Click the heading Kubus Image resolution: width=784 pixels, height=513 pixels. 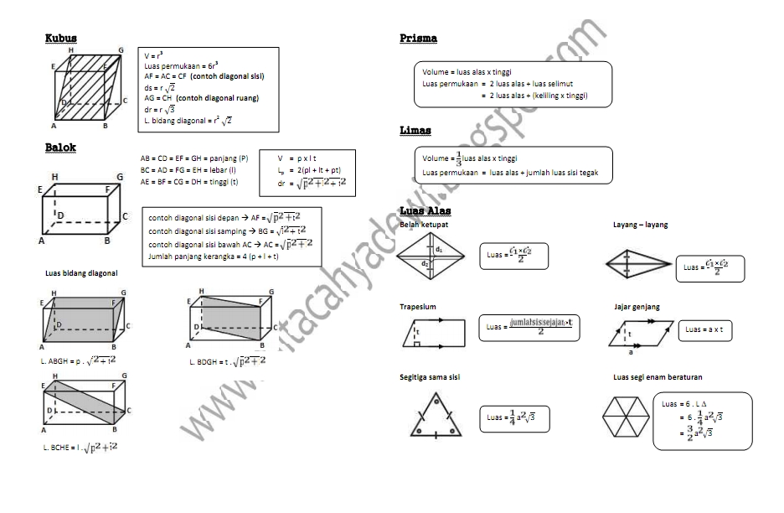pyautogui.click(x=61, y=38)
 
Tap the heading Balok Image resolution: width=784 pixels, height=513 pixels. pyautogui.click(x=60, y=148)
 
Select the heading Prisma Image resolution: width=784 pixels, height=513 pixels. pyautogui.click(x=418, y=39)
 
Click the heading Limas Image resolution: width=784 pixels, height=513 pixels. pyautogui.click(x=416, y=131)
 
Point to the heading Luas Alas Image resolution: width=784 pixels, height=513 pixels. pyautogui.click(x=426, y=210)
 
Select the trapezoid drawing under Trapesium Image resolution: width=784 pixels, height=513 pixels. pyautogui.click(x=435, y=334)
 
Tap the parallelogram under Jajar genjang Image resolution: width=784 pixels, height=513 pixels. pyautogui.click(x=641, y=333)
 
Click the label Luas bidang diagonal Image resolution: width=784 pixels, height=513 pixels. pyautogui.click(x=81, y=273)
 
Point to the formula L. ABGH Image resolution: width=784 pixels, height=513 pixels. pyautogui.click(x=79, y=360)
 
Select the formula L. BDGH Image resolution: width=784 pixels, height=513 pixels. pyautogui.click(x=227, y=361)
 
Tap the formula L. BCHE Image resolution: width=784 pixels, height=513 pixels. pyautogui.click(x=80, y=448)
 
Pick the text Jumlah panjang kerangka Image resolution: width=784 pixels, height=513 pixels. pyautogui.click(x=214, y=256)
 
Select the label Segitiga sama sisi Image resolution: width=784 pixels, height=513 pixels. pyautogui.click(x=430, y=377)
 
